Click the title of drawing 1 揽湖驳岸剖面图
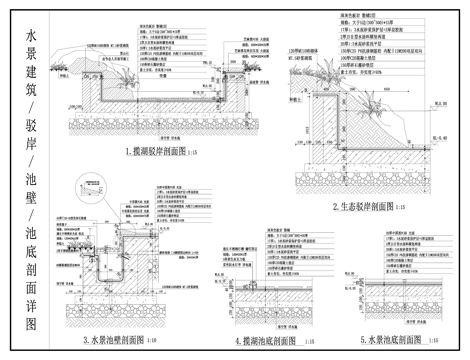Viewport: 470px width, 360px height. tap(164, 153)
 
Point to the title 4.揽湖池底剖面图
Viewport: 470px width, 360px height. tap(262, 340)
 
